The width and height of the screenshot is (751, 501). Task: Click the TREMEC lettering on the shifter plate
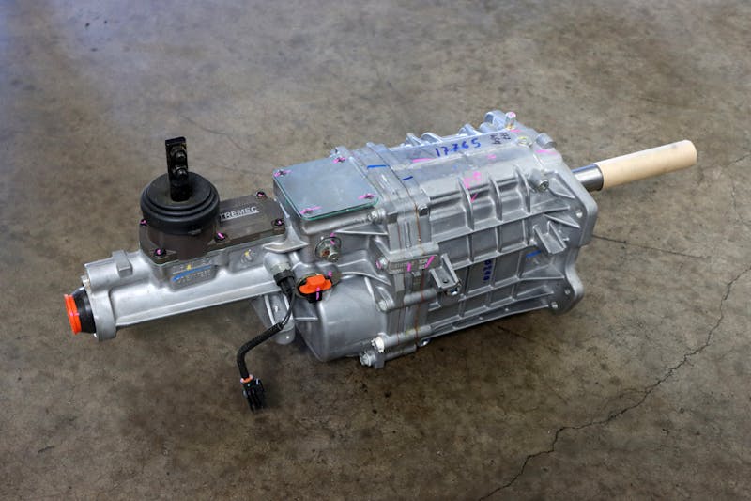[x=237, y=213]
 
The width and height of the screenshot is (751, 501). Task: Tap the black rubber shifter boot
[x=178, y=202]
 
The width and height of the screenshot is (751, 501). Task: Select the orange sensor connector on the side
[x=314, y=283]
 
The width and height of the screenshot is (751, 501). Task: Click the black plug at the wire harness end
[x=253, y=392]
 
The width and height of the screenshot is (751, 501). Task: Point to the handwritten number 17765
[x=457, y=148]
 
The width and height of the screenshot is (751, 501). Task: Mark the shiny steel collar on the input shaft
[x=588, y=177]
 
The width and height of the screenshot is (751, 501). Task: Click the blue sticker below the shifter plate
[x=193, y=273]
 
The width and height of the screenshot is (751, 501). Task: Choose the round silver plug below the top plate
[x=328, y=248]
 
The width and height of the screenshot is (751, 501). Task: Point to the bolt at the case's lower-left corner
[x=368, y=357]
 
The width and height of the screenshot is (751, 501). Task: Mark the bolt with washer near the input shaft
[x=540, y=184]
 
